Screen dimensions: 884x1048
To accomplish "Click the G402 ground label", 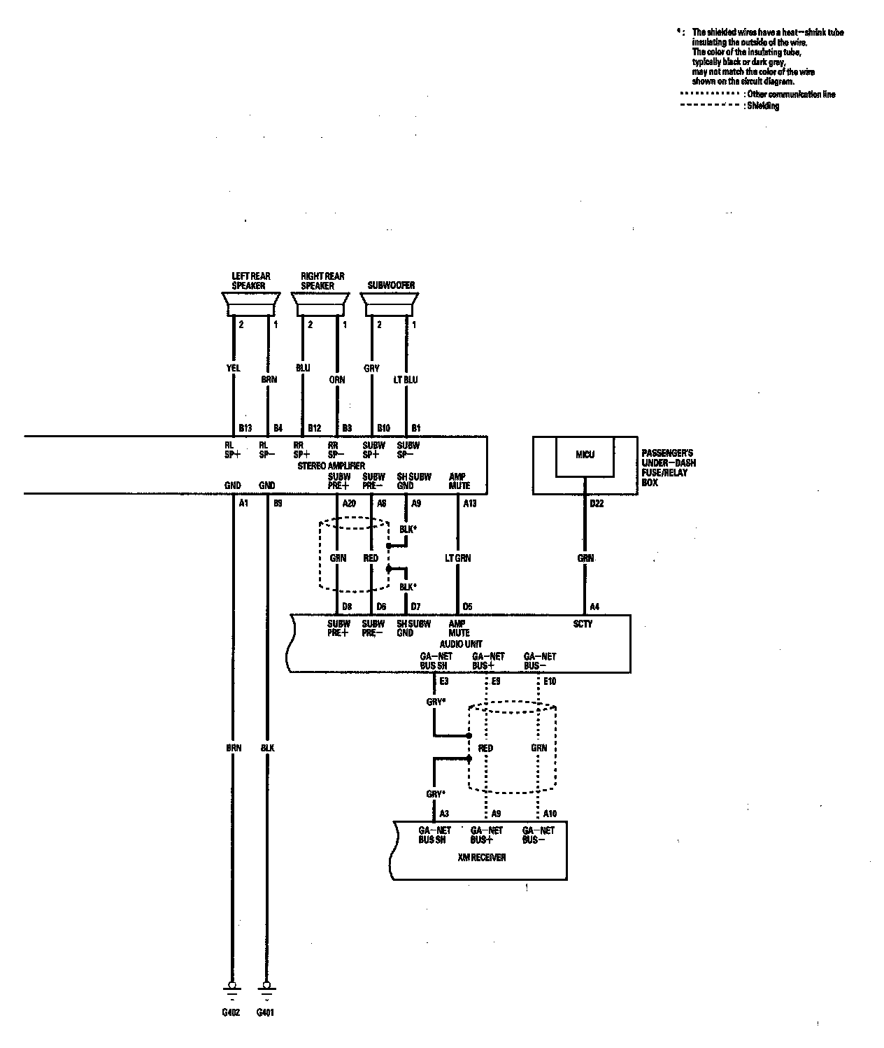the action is pyautogui.click(x=232, y=1012).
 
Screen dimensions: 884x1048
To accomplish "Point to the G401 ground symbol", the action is pyautogui.click(x=266, y=988).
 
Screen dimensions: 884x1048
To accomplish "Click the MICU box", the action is pyautogui.click(x=585, y=455).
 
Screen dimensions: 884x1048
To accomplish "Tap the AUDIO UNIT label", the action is pyautogui.click(x=460, y=644).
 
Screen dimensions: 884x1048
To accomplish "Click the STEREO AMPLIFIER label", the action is pyautogui.click(x=331, y=465).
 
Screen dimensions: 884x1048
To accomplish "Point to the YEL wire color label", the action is pyautogui.click(x=234, y=368).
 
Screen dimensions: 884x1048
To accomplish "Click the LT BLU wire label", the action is pyautogui.click(x=406, y=379).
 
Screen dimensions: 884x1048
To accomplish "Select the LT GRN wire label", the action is pyautogui.click(x=458, y=558).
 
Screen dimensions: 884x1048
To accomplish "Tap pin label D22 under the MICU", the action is pyautogui.click(x=597, y=503).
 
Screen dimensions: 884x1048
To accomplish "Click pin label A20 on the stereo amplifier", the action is pyautogui.click(x=349, y=503).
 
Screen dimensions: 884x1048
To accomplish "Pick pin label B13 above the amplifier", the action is pyautogui.click(x=245, y=428).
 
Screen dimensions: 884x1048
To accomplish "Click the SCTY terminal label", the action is pyautogui.click(x=582, y=623).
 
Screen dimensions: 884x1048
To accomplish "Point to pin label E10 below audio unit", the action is pyautogui.click(x=550, y=681).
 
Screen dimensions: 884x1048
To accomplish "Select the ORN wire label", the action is pyautogui.click(x=337, y=379).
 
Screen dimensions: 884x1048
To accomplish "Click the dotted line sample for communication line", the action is pyautogui.click(x=709, y=94).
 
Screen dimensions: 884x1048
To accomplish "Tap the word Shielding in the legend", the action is pyautogui.click(x=763, y=106).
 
